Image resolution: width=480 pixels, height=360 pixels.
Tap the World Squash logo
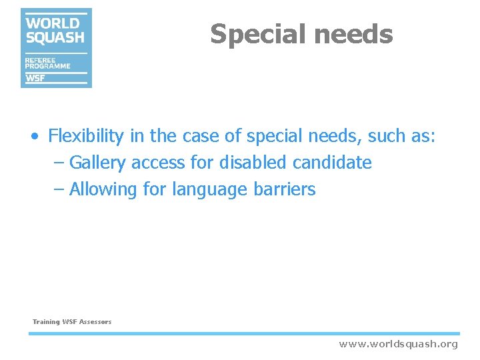click(56, 47)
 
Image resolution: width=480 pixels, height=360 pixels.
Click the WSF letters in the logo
click(35, 78)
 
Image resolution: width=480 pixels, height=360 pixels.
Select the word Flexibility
click(86, 136)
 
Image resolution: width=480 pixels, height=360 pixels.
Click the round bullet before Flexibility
click(34, 137)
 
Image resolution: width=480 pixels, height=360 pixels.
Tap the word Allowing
click(103, 189)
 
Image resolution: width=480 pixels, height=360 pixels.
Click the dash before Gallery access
click(59, 163)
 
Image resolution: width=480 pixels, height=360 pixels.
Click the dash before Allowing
click(59, 190)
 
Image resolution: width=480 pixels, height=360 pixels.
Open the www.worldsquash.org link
click(399, 344)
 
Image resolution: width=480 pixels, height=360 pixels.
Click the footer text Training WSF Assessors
click(72, 322)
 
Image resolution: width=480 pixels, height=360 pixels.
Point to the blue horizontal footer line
click(244, 333)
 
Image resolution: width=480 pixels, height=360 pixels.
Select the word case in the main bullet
click(201, 136)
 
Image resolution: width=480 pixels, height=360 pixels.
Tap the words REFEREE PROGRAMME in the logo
click(47, 63)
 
